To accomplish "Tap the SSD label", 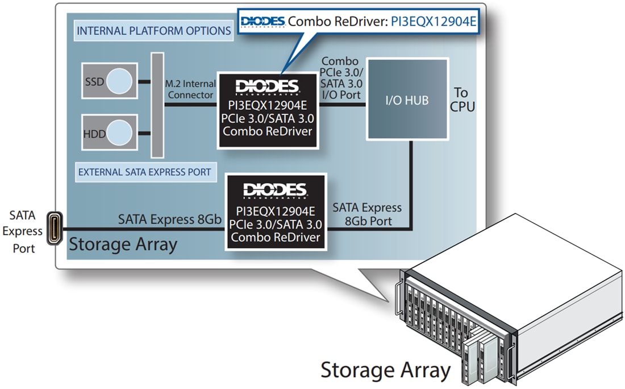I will (94, 82).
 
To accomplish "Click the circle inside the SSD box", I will (120, 81).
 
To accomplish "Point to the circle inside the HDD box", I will (120, 133).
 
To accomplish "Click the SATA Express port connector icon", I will (55, 229).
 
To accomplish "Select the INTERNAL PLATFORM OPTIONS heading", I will (153, 31).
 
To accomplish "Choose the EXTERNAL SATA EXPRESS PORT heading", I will (144, 172).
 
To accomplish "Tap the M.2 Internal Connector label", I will (191, 89).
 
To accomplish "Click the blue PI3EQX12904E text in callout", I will (434, 22).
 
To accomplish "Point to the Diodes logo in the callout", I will (262, 22).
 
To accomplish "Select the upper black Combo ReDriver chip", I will (267, 110).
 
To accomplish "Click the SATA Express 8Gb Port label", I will (367, 214).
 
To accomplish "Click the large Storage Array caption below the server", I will (385, 370).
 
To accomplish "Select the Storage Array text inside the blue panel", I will (123, 245).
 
